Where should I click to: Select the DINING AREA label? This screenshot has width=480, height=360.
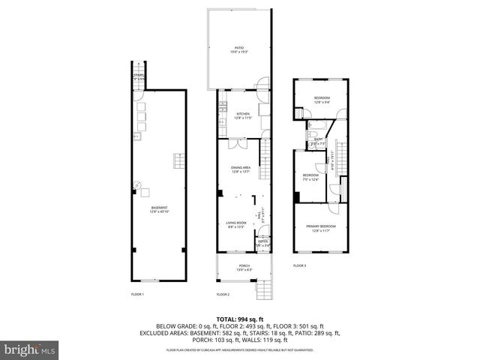pyautogui.click(x=240, y=169)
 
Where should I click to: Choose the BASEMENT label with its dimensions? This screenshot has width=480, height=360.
pyautogui.click(x=159, y=209)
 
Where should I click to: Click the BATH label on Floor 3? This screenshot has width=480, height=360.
pyautogui.click(x=317, y=140)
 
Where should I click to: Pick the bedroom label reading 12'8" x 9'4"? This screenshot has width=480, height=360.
pyautogui.click(x=321, y=100)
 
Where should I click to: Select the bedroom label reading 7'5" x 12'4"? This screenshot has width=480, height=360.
pyautogui.click(x=310, y=178)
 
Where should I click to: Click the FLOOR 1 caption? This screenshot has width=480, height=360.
pyautogui.click(x=137, y=294)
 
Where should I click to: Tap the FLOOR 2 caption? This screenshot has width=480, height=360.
pyautogui.click(x=223, y=294)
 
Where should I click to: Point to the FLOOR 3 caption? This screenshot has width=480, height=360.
pyautogui.click(x=299, y=265)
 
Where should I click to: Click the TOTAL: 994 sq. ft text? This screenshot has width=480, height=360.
pyautogui.click(x=239, y=318)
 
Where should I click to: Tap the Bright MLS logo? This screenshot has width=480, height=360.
pyautogui.click(x=29, y=349)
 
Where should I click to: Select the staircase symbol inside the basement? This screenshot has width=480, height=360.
pyautogui.click(x=179, y=162)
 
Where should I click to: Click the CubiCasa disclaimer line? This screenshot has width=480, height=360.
pyautogui.click(x=239, y=349)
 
